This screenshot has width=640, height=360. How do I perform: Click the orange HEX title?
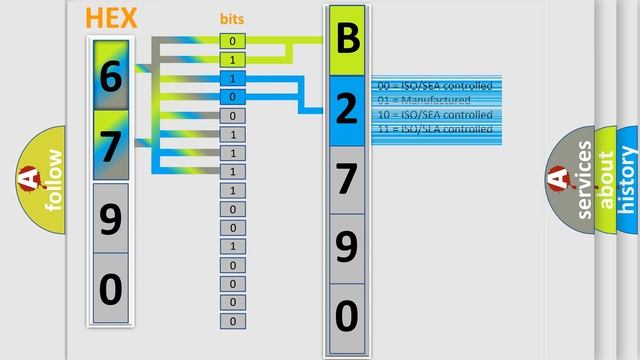[x=110, y=19]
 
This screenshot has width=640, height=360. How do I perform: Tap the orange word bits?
[x=232, y=19]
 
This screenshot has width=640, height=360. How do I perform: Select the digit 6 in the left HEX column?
[x=111, y=76]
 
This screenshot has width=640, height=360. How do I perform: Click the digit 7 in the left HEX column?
[x=111, y=145]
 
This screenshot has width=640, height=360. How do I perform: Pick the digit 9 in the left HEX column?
[x=111, y=217]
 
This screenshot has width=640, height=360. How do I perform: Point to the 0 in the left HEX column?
[x=111, y=288]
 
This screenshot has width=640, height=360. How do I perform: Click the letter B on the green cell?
[x=346, y=40]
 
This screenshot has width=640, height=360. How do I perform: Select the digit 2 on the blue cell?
[x=346, y=110]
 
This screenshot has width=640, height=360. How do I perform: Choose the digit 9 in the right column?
[x=346, y=247]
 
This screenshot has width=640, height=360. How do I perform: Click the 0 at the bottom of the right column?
[x=346, y=316]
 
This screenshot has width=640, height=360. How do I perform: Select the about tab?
[x=607, y=180]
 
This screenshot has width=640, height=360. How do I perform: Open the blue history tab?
[x=628, y=180]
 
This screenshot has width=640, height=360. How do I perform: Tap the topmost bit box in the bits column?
[x=233, y=41]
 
